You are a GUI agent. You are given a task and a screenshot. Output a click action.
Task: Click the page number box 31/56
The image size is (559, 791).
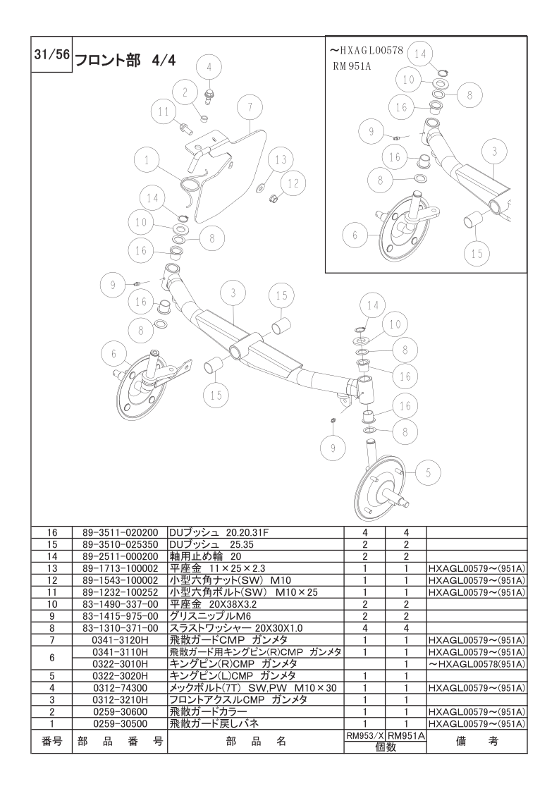(51, 54)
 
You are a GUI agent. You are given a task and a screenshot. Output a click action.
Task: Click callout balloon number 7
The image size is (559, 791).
(250, 107)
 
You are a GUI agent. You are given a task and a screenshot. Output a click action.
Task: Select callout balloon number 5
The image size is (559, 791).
(429, 472)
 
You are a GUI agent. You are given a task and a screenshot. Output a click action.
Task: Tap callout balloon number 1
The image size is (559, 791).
(147, 161)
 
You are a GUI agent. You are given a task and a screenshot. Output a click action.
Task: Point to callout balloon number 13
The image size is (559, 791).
(281, 160)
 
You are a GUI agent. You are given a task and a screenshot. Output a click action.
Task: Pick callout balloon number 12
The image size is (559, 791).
(293, 183)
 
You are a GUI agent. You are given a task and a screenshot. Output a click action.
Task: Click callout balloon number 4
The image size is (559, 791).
(209, 68)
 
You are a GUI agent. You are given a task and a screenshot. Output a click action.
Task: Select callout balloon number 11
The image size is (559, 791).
(164, 111)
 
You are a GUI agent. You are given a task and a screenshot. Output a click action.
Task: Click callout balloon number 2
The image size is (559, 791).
(185, 92)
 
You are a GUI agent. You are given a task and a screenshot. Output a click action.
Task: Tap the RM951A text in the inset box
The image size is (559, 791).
(352, 66)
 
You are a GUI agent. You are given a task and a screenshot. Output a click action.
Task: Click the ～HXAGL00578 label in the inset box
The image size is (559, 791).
(366, 51)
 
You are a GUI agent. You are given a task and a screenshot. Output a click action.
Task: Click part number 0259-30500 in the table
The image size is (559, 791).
(120, 723)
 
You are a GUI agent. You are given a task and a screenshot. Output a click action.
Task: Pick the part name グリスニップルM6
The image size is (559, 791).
(210, 616)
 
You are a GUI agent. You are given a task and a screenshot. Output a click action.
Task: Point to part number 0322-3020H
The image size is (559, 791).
(120, 675)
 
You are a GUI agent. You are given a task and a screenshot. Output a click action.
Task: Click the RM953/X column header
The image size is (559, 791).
(364, 736)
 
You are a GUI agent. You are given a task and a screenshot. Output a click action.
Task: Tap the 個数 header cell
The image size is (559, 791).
(386, 747)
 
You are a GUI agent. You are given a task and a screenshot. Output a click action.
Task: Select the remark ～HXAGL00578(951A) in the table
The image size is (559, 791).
(477, 664)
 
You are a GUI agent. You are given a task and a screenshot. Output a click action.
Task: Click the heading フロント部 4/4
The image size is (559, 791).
(125, 61)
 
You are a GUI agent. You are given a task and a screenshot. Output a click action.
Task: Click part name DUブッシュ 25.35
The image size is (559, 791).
(211, 545)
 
